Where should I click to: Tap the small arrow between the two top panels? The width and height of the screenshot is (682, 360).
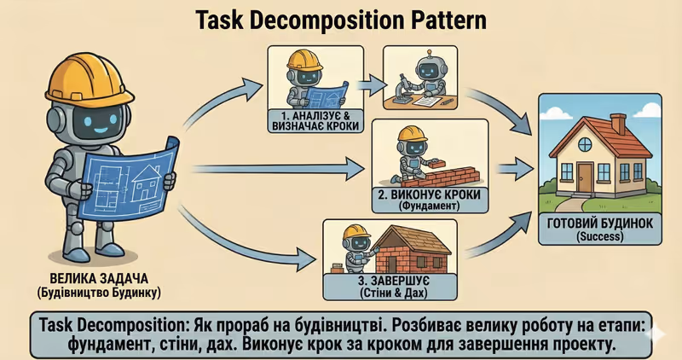point(368,84)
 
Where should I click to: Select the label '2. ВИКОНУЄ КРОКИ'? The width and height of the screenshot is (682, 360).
point(429,195)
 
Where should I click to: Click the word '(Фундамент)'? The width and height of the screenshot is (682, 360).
point(429,207)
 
